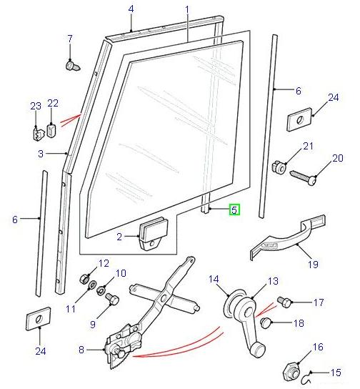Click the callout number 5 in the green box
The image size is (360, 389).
pyautogui.click(x=234, y=210)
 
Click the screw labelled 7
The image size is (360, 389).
pyautogui.click(x=71, y=65)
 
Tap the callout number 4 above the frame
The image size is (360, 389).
pyautogui.click(x=131, y=9)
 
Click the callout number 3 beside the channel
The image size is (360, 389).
pyautogui.click(x=41, y=154)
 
